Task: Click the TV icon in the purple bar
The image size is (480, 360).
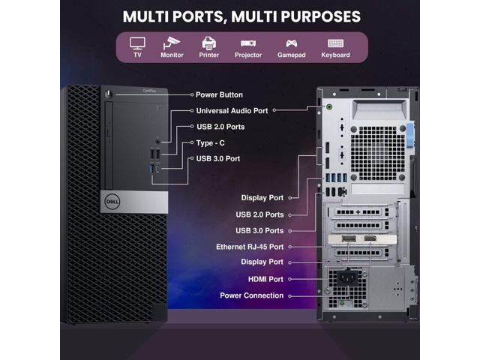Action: pyautogui.click(x=137, y=43)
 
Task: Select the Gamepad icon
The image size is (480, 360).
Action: pyautogui.click(x=292, y=43)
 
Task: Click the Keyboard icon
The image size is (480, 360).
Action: pyautogui.click(x=335, y=43)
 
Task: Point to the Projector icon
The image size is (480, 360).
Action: pyautogui.click(x=248, y=43)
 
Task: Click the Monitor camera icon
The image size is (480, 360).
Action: pyautogui.click(x=172, y=43)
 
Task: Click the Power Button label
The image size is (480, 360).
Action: pyautogui.click(x=219, y=95)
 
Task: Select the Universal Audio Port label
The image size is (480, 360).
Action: pyautogui.click(x=231, y=110)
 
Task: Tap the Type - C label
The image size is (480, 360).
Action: pyautogui.click(x=211, y=142)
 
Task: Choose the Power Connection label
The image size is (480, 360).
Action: pyautogui.click(x=252, y=295)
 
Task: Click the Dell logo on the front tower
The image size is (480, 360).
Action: pyautogui.click(x=110, y=200)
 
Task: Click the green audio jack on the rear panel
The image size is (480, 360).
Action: pyautogui.click(x=331, y=106)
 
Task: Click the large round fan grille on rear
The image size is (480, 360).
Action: pyautogui.click(x=374, y=151)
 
